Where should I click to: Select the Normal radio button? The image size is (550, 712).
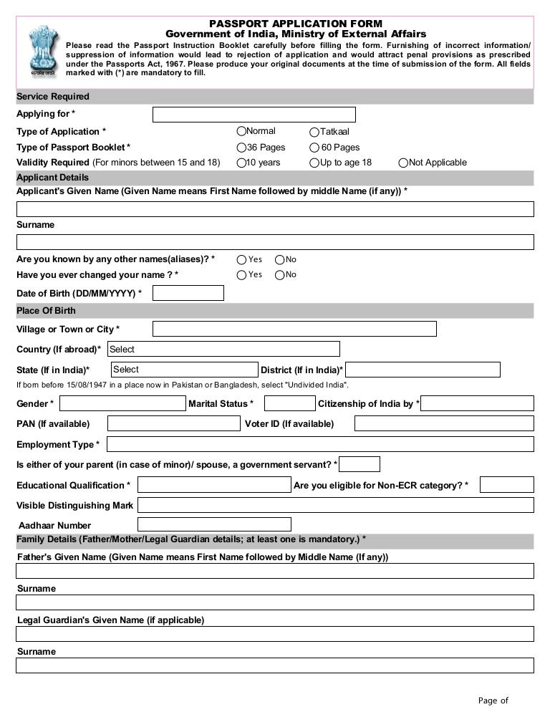click(241, 131)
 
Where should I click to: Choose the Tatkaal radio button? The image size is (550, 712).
click(314, 132)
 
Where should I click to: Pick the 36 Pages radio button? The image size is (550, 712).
click(241, 147)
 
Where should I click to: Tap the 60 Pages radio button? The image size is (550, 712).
click(314, 147)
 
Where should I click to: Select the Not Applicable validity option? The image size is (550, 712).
click(404, 163)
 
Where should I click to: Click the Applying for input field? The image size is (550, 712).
click(254, 115)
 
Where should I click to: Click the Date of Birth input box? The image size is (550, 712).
click(188, 293)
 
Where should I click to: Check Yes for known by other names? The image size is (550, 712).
click(241, 259)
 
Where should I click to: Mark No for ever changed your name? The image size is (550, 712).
click(280, 274)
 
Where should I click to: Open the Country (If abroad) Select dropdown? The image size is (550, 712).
click(223, 349)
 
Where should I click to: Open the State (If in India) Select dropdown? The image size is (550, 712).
click(184, 370)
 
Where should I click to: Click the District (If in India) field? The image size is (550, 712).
click(423, 370)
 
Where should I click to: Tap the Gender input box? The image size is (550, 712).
click(122, 403)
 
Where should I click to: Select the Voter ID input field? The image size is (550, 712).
click(444, 423)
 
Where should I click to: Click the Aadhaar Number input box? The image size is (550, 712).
click(214, 524)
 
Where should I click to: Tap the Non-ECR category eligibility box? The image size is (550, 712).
click(506, 485)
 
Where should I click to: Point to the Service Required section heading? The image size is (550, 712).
click(53, 97)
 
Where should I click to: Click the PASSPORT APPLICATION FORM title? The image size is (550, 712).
click(296, 24)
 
